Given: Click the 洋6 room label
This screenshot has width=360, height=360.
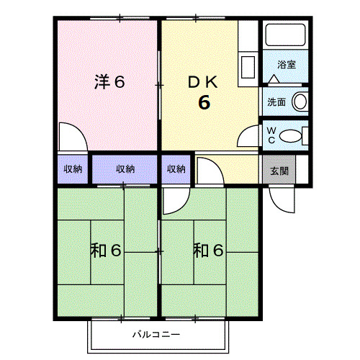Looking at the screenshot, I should (x=109, y=82).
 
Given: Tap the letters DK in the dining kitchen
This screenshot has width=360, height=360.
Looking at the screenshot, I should (x=204, y=82).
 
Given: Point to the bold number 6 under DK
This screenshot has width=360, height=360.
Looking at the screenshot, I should (x=204, y=103).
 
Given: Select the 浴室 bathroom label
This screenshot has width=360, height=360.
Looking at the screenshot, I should (x=286, y=65).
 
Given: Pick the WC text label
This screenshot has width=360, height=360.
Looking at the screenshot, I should (x=271, y=135).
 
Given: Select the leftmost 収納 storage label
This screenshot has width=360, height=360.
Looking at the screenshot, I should (x=73, y=170).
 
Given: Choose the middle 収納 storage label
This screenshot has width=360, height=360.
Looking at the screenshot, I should (x=125, y=170).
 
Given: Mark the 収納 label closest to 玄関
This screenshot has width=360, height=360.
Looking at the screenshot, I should (x=176, y=170).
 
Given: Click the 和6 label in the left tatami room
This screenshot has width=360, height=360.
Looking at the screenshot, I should (x=105, y=251).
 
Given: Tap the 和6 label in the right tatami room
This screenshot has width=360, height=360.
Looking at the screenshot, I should (x=208, y=251).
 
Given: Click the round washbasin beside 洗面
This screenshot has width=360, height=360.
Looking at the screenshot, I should (x=300, y=101).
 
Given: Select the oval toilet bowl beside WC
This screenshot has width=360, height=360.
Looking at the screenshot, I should (x=290, y=135).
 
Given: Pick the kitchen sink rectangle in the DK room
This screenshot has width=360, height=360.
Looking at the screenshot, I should (x=248, y=68).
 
